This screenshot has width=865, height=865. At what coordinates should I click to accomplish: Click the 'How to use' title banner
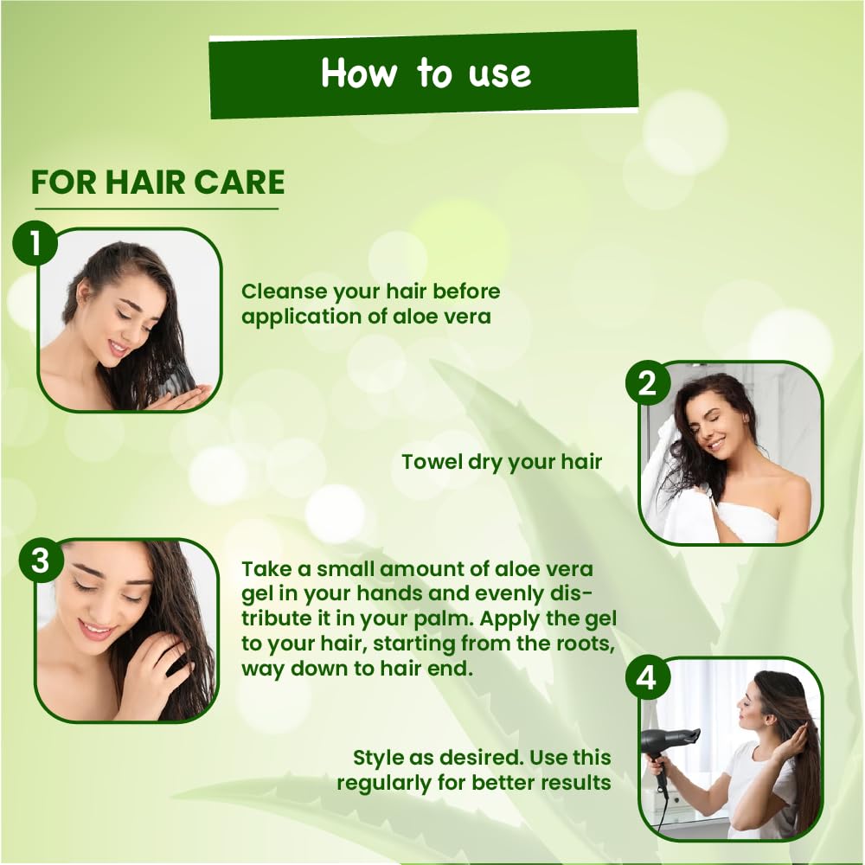point(423,74)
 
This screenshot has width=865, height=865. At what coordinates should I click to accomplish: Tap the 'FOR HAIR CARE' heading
point(157,183)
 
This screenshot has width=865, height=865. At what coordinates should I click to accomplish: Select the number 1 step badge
point(35,243)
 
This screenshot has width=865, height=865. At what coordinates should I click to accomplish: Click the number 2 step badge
point(648,383)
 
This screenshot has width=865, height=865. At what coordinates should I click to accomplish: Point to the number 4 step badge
point(648,678)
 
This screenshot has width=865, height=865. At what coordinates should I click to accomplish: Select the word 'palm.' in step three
point(444,619)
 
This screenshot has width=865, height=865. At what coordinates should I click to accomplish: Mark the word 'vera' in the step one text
point(468,317)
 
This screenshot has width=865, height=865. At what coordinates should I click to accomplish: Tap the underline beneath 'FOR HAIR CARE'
point(157,208)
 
